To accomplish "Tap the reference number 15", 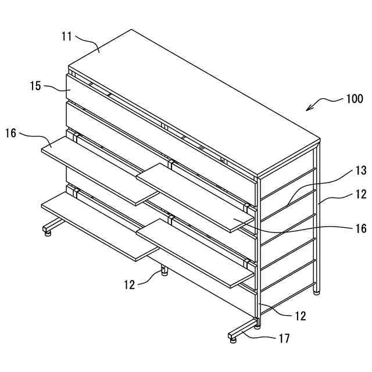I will click(35, 85).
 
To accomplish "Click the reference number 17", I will click(284, 338).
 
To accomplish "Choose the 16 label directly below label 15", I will click(11, 133).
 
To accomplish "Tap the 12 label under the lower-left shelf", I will click(130, 284).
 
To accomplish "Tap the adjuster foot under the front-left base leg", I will click(47, 233).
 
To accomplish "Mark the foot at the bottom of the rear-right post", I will click(316, 292).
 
